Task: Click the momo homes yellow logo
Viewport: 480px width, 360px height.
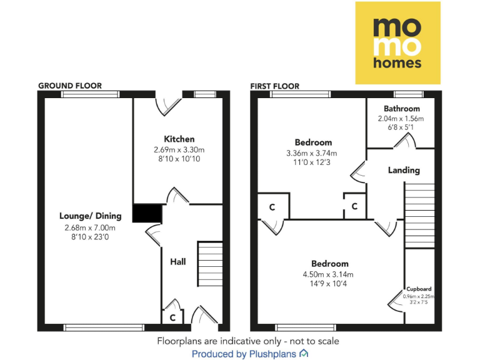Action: (x=397, y=42)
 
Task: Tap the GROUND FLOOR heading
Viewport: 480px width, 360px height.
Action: (x=70, y=86)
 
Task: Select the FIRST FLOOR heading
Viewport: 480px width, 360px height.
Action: (x=274, y=86)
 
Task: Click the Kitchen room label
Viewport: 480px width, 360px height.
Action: (x=179, y=139)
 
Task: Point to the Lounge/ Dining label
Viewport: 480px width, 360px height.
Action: (x=91, y=216)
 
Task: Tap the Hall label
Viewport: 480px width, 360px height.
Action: (x=178, y=262)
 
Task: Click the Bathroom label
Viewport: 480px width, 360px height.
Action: (x=402, y=109)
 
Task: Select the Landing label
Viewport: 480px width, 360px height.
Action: (x=404, y=170)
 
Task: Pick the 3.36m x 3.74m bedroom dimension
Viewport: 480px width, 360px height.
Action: (x=311, y=154)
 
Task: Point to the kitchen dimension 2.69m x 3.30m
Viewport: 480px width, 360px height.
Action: (x=179, y=149)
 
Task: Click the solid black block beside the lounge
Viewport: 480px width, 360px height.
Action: (x=147, y=214)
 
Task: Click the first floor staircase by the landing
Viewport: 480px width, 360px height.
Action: (x=419, y=215)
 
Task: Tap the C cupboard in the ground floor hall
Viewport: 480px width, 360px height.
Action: (x=172, y=317)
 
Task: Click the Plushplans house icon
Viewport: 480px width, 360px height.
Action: (x=304, y=354)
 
